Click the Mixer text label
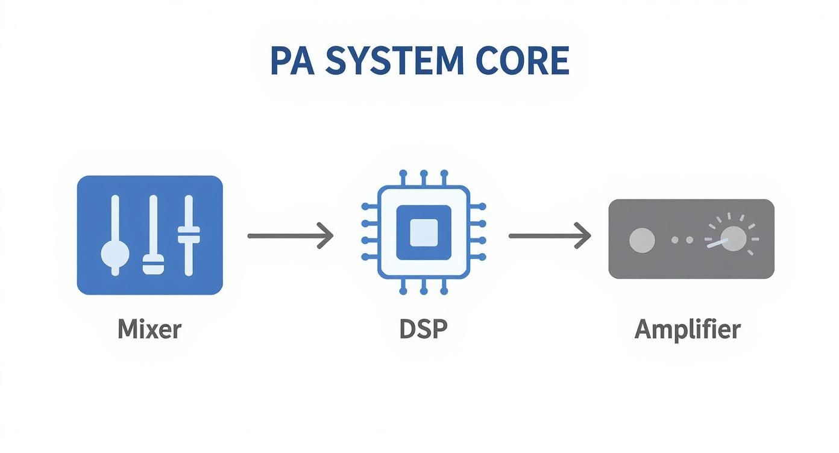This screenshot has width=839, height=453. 149,330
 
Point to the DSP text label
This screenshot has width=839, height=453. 423,330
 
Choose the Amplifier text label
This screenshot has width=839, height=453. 688,330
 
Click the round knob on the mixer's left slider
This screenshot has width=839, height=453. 115,253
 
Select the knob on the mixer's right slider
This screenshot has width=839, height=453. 189,234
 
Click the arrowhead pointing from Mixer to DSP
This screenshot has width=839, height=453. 326,236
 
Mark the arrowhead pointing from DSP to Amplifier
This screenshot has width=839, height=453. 584,236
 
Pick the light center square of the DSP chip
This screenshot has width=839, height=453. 423,233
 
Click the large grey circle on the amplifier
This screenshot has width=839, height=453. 642,240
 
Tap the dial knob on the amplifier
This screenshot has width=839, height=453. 733,239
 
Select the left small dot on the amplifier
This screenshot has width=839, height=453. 675,240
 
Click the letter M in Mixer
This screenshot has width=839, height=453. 127,330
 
